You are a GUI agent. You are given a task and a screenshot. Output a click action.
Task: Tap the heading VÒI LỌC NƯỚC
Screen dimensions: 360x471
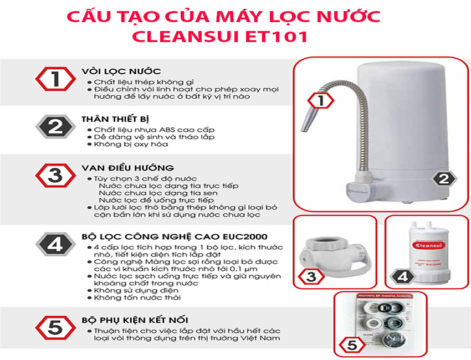pos(121,71)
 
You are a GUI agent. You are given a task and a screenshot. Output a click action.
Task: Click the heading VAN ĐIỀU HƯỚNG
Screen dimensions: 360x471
pos(127,168)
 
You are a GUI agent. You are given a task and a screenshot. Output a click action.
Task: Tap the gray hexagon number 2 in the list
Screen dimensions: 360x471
pos(55,127)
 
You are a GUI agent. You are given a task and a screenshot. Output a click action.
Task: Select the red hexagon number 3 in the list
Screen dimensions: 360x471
pos(55,176)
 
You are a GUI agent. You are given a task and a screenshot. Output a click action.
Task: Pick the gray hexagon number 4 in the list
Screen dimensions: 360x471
pos(55,243)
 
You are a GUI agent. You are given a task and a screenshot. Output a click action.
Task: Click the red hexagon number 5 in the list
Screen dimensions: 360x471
pos(55,327)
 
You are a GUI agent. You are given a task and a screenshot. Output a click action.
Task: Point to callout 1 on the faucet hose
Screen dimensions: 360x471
pos(319,101)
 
